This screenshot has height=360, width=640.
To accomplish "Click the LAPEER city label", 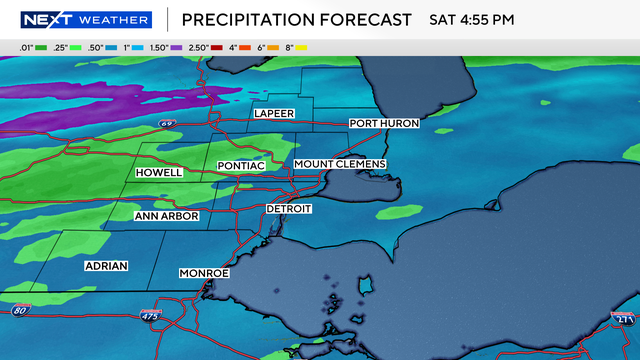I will tap(275, 113).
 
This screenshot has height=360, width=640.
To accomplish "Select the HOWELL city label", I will tap(160, 173).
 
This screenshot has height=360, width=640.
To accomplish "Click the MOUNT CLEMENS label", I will tap(340, 163).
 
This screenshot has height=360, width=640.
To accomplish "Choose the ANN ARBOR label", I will tap(167, 216).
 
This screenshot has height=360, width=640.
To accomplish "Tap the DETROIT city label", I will tap(289, 209).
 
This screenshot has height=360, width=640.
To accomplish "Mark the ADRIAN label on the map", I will tap(106, 268).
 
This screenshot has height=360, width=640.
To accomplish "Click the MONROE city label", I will tap(205, 273).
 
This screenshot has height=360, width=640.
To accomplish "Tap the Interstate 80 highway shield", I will tap(20, 311).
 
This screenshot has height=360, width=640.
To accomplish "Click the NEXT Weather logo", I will tap(85, 19).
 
